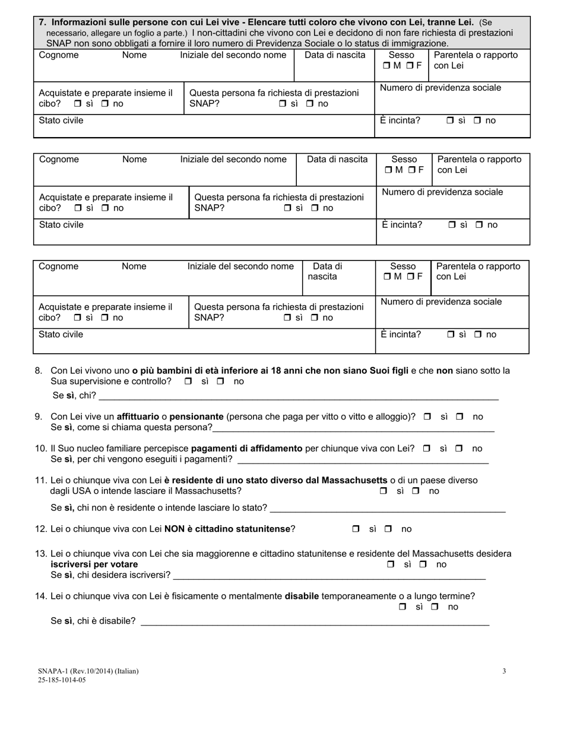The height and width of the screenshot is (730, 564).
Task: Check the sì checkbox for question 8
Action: [188, 382]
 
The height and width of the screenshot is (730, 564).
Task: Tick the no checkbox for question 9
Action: [460, 417]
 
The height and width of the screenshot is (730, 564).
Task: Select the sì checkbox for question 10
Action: [426, 449]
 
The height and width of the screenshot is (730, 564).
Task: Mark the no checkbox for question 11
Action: [416, 491]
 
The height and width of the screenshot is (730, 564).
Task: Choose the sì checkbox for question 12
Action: [356, 529]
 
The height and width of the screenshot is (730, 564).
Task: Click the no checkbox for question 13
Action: [423, 564]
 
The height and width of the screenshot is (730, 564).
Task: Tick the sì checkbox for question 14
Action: [403, 607]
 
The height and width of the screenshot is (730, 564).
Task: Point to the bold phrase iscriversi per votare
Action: [94, 564]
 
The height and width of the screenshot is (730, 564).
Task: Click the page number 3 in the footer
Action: [504, 671]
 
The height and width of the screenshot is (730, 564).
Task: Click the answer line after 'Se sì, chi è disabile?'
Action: [315, 621]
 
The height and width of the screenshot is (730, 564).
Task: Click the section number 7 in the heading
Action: [42, 22]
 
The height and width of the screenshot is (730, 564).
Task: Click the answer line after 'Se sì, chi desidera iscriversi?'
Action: [329, 575]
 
